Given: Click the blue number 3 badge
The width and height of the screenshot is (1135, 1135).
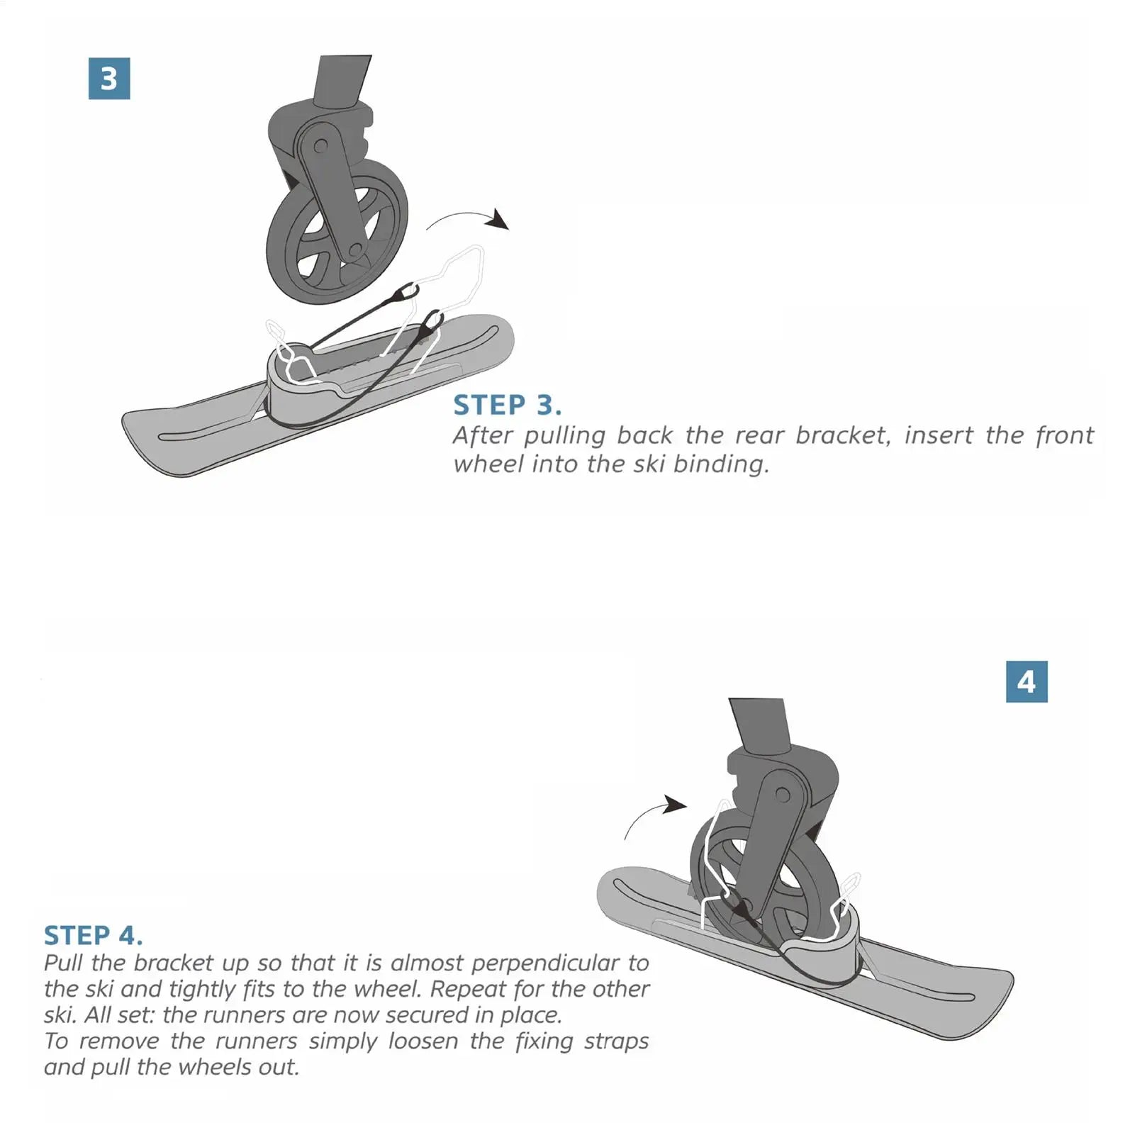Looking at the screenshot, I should [x=109, y=79].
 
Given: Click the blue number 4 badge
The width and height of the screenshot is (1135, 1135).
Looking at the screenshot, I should [x=1026, y=682].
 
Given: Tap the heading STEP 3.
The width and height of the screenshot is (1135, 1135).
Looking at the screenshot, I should [x=507, y=406].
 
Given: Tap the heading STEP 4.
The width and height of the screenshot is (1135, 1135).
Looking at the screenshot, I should [x=93, y=935].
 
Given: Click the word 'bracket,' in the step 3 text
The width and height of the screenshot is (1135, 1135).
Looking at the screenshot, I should [x=842, y=435].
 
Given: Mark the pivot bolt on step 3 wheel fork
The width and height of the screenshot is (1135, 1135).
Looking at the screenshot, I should [x=320, y=146].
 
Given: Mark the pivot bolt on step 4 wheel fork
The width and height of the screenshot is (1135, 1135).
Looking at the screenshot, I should [x=782, y=795].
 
